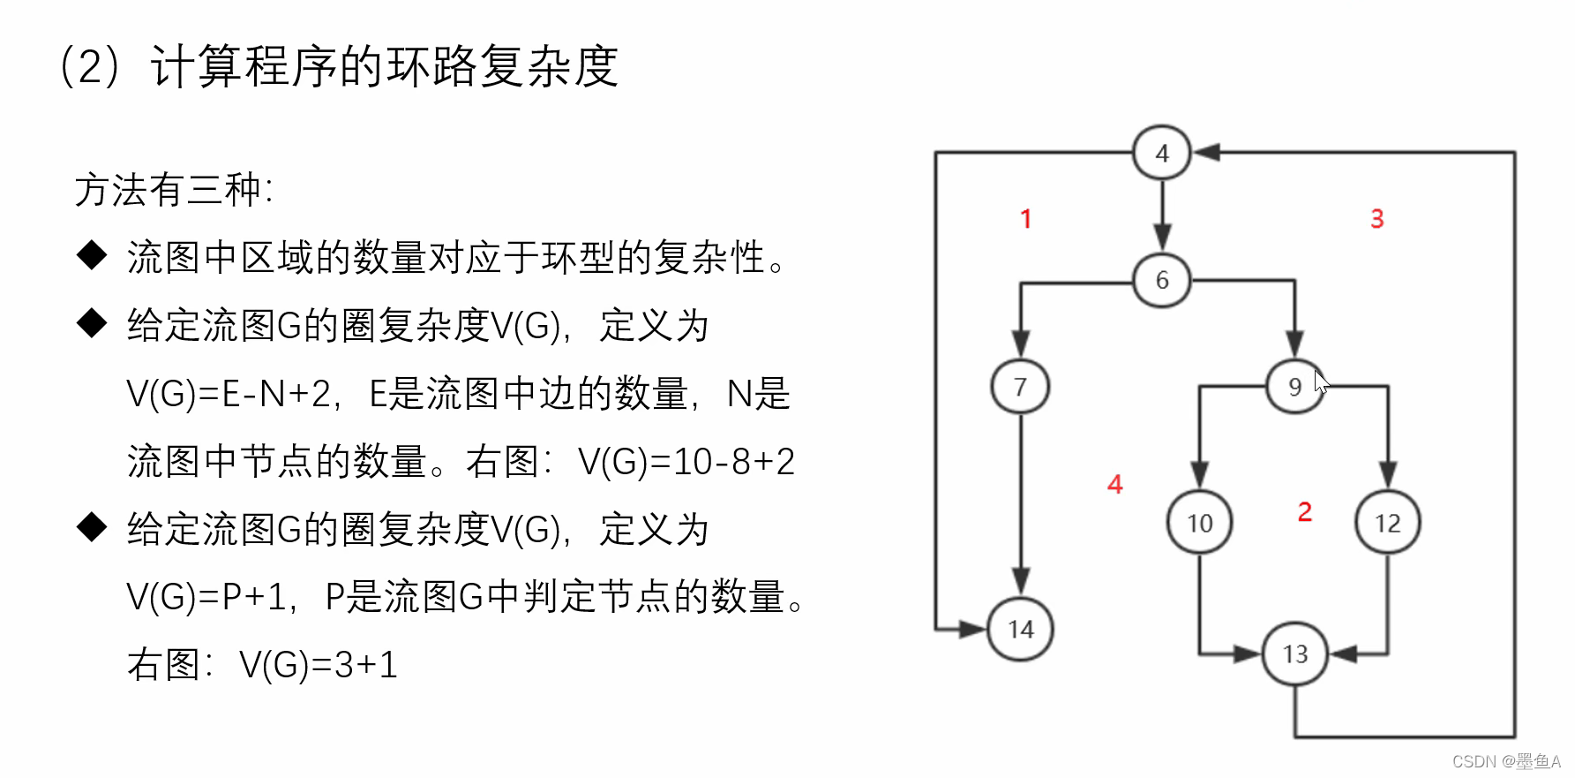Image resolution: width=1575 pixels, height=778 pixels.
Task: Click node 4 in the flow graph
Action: tap(1161, 153)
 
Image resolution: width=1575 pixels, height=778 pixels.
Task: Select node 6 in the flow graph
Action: tap(1161, 280)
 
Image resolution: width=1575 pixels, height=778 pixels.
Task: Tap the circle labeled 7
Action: tap(1020, 387)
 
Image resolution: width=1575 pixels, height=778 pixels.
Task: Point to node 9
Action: tap(1294, 387)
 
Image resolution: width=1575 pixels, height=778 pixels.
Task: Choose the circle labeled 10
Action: tap(1199, 523)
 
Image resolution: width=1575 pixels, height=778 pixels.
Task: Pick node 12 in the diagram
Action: tap(1387, 523)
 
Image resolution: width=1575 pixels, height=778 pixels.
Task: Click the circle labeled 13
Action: tap(1294, 654)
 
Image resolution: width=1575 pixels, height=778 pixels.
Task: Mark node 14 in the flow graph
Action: tap(1020, 630)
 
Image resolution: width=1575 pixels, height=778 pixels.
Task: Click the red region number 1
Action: tap(1025, 219)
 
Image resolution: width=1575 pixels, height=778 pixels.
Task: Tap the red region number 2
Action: tap(1305, 511)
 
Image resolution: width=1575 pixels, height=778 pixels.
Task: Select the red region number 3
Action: tap(1376, 219)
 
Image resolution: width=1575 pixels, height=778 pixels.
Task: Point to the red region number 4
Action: tap(1114, 484)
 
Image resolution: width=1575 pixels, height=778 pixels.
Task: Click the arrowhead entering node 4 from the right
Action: tap(1206, 153)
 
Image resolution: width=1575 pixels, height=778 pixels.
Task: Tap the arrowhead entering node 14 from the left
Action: tap(972, 630)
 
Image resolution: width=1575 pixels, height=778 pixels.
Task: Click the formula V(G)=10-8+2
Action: tap(686, 462)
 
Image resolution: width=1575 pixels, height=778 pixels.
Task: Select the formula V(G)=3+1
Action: tap(319, 665)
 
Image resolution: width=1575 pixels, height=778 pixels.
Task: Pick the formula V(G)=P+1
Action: tap(206, 597)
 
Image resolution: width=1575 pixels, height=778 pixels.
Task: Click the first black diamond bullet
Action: tap(92, 256)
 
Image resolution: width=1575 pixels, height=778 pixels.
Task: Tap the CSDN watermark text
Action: tap(1505, 761)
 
